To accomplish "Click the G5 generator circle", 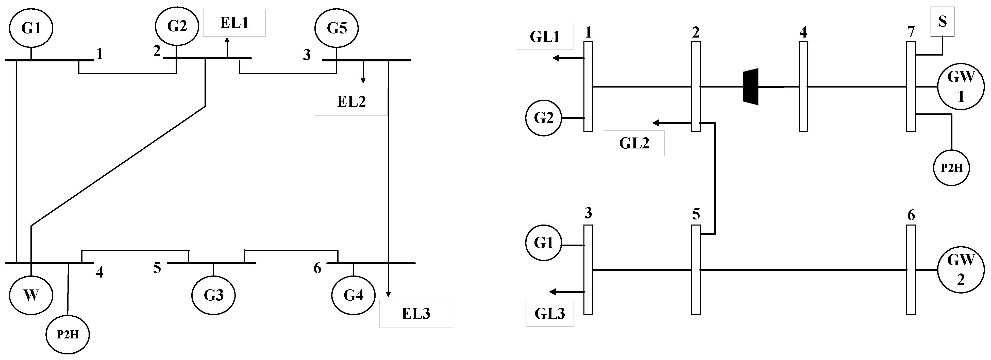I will tap(337, 28).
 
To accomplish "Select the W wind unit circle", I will tap(31, 295).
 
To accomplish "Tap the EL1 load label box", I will tap(234, 23).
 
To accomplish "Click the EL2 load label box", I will tap(351, 101).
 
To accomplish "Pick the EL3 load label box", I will tap(415, 314).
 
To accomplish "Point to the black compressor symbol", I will tap(751, 87).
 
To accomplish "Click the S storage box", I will tap(942, 22).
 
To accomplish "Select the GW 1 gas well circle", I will tap(961, 87).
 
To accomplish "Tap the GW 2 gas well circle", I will tap(961, 270).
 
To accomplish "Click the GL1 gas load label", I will tap(545, 37).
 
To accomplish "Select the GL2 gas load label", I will tap(634, 143).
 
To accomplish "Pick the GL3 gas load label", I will tap(550, 314).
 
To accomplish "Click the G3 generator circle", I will tap(213, 295).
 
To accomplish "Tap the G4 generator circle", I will tap(353, 295).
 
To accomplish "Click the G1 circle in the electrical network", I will tap(31, 28).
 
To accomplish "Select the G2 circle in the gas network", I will tap(544, 118).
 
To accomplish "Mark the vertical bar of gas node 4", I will tap(803, 87).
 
